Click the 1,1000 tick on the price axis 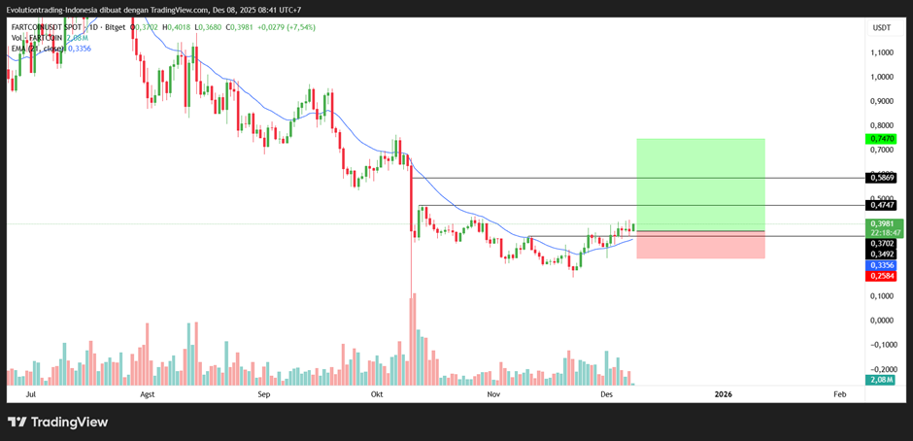pos(882,52)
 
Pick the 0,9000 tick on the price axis pos(882,101)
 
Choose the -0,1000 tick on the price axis pos(882,345)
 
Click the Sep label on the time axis pos(263,395)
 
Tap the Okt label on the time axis pos(378,395)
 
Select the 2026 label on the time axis pos(723,395)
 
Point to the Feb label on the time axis pos(839,395)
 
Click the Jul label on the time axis pos(31,395)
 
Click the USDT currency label pos(882,28)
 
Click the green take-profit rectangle pos(700,185)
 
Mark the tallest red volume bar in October pos(412,340)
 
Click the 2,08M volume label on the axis pos(880,380)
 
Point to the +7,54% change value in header pos(294,28)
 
